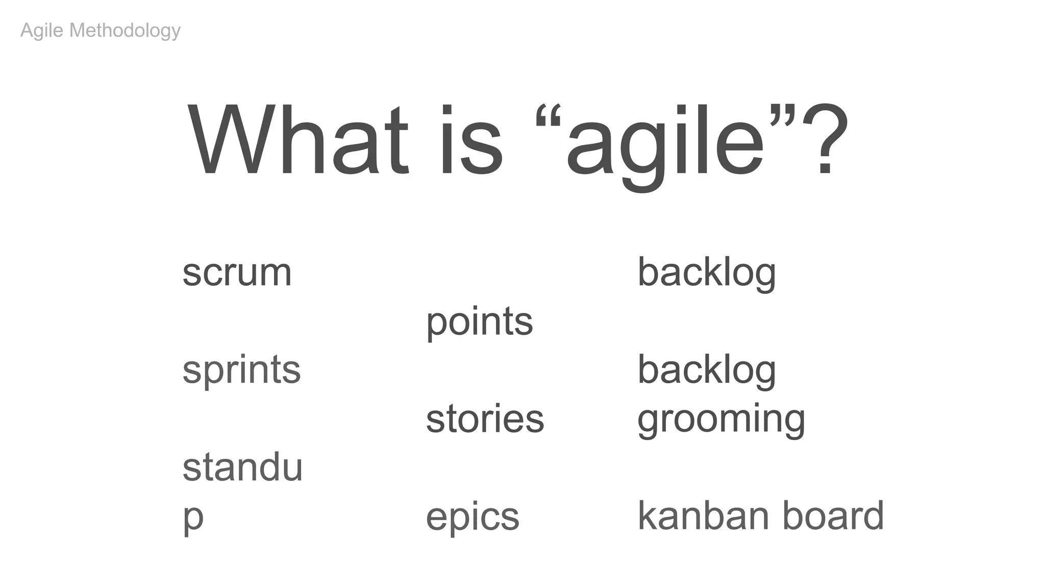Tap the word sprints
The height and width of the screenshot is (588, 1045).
click(241, 371)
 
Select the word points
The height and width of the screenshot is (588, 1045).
click(479, 323)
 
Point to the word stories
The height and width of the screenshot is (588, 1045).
click(485, 419)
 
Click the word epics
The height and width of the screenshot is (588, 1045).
click(472, 517)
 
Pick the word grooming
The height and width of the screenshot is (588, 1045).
click(721, 420)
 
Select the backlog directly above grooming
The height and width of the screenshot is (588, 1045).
click(707, 371)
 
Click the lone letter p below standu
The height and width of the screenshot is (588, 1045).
click(193, 519)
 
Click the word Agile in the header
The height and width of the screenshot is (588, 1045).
click(42, 31)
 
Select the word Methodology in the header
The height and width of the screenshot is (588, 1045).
click(125, 31)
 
